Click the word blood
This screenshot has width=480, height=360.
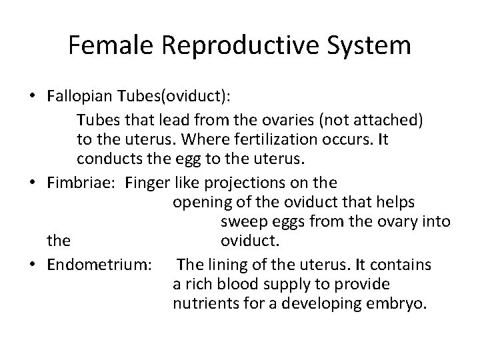click(230, 284)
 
